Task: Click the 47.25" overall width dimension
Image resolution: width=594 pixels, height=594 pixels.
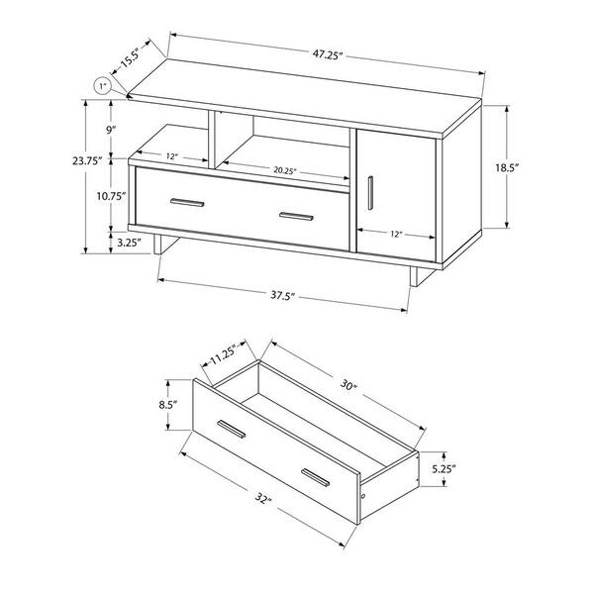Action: (x=328, y=54)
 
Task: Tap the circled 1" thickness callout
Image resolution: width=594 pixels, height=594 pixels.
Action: (x=102, y=86)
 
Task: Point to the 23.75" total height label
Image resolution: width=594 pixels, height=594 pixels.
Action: (x=87, y=161)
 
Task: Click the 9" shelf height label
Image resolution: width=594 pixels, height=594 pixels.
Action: (x=111, y=131)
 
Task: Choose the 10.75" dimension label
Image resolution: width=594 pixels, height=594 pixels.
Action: (x=111, y=196)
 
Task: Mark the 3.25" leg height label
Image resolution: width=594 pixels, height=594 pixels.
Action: (x=129, y=243)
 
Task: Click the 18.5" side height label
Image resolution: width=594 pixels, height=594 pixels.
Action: (x=507, y=167)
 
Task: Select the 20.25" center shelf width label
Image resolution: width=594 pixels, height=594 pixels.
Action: (x=285, y=170)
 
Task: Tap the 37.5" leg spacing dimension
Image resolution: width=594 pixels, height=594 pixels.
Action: (x=282, y=295)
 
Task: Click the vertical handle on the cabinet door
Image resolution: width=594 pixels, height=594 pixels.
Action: (x=370, y=193)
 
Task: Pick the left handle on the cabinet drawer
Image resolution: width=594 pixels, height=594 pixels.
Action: (x=187, y=203)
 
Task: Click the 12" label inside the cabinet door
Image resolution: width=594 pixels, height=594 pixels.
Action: (x=395, y=234)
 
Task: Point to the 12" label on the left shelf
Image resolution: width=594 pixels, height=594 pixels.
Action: (x=171, y=156)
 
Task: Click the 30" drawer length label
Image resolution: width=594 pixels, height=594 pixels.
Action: (x=348, y=386)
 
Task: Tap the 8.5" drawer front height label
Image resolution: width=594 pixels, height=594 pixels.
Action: (x=168, y=405)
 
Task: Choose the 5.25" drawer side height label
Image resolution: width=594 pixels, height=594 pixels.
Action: (x=444, y=469)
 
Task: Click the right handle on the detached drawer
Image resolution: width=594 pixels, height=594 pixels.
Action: (x=316, y=478)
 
